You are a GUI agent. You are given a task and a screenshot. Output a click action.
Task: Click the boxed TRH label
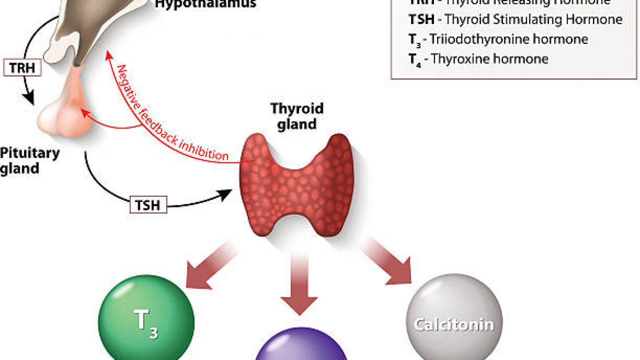(22, 68)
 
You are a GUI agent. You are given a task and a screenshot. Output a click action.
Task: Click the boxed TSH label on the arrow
(148, 204)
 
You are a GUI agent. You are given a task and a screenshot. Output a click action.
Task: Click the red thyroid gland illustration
(297, 185)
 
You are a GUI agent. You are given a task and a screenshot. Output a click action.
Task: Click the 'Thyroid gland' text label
(297, 116)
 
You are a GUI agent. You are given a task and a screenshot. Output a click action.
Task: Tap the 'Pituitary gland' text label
(29, 160)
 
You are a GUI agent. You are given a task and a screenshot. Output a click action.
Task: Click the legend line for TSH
(515, 19)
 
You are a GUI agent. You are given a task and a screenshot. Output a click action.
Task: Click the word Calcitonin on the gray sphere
(454, 324)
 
